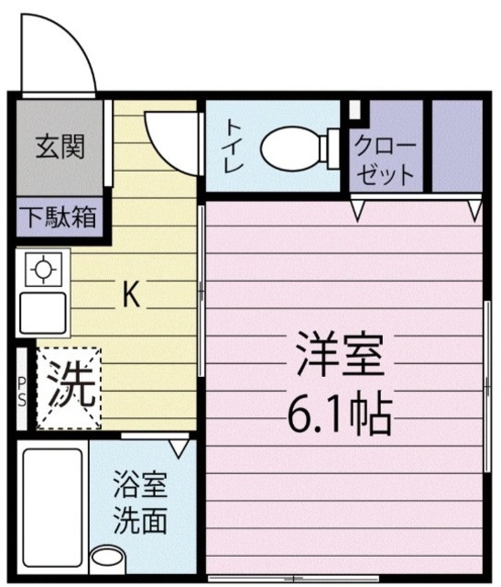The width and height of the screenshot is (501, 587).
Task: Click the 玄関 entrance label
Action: (60, 147)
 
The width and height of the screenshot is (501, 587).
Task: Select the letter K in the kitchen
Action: (131, 294)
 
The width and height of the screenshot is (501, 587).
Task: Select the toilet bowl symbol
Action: (298, 147)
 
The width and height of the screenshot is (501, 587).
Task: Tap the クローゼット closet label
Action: (386, 161)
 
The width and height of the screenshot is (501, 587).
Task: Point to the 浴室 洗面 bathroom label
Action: (140, 503)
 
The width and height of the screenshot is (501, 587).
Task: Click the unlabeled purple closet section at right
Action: (456, 145)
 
